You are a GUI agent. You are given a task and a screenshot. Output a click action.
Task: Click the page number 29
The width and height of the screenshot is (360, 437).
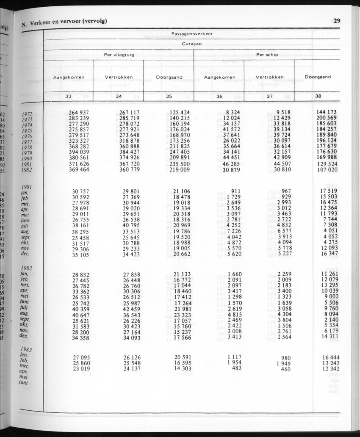point(337,21)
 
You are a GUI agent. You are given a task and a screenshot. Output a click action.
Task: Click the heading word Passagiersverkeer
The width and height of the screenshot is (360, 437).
point(192,33)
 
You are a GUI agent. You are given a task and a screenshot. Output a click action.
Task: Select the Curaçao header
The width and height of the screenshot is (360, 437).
point(192,44)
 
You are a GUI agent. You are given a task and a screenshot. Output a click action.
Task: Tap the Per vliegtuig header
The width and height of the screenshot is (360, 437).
point(118,54)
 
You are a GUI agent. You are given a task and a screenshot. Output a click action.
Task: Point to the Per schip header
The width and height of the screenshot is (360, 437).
point(267,54)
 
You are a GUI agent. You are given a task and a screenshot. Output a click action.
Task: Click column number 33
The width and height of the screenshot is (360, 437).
point(68,97)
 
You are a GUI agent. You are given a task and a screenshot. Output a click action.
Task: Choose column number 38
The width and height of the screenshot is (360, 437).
point(318,96)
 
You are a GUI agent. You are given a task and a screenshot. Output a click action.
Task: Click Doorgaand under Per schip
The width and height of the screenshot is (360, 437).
point(318,77)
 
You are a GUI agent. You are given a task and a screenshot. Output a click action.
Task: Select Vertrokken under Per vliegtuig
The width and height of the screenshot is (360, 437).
point(119,77)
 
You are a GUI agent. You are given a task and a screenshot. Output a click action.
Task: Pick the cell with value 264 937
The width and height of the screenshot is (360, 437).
point(79,112)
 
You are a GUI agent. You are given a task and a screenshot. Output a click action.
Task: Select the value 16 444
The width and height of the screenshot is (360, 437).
point(327,357)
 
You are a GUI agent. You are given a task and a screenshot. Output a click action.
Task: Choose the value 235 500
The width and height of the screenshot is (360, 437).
point(179,164)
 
